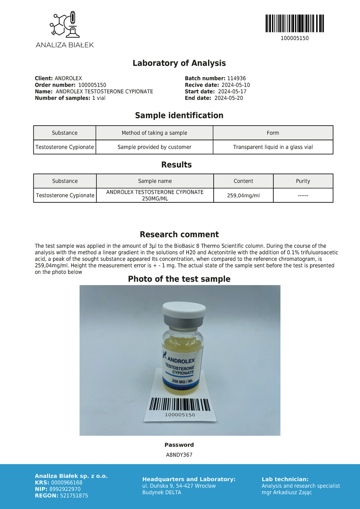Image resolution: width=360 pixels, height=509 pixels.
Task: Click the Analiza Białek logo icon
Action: (x=64, y=25)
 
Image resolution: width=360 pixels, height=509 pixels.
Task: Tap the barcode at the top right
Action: (x=294, y=23)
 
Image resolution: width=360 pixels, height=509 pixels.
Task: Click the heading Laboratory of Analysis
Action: (x=179, y=63)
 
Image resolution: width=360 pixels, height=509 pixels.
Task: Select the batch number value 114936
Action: (x=236, y=79)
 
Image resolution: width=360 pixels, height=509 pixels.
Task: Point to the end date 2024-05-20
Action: (x=228, y=98)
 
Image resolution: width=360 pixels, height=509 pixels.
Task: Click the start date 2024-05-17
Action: (x=232, y=91)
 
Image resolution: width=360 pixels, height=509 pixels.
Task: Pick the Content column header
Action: (x=243, y=181)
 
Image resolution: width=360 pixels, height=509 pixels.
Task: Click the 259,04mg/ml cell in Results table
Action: (x=243, y=195)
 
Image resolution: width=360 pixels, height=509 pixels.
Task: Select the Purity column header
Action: (x=303, y=181)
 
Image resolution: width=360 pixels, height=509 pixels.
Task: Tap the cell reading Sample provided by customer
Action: (x=154, y=147)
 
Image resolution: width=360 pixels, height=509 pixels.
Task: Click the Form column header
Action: (x=273, y=133)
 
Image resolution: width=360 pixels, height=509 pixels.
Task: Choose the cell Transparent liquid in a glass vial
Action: (x=273, y=147)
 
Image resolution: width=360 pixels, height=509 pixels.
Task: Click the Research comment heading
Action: (x=179, y=235)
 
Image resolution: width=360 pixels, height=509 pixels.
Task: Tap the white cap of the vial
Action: (x=184, y=309)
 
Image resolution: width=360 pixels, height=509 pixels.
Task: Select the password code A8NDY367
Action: (x=179, y=455)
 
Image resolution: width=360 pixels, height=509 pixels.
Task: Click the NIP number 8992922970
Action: (x=66, y=489)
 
